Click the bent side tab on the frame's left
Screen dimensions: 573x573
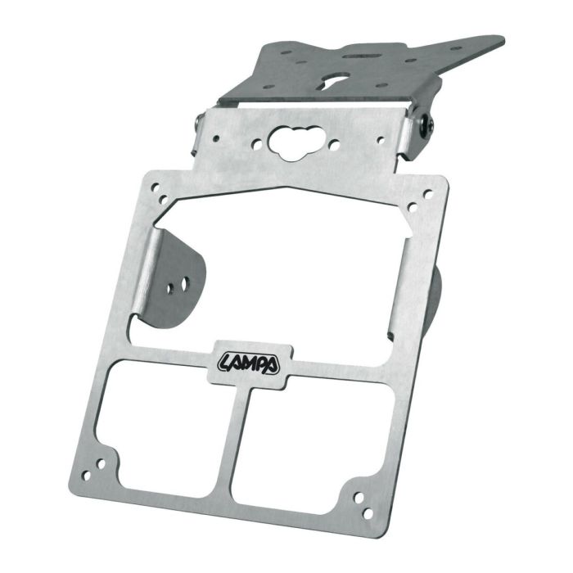(x=174, y=278)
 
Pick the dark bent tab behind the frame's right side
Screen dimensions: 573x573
(x=435, y=295)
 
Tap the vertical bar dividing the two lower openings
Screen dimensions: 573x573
(x=243, y=442)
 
